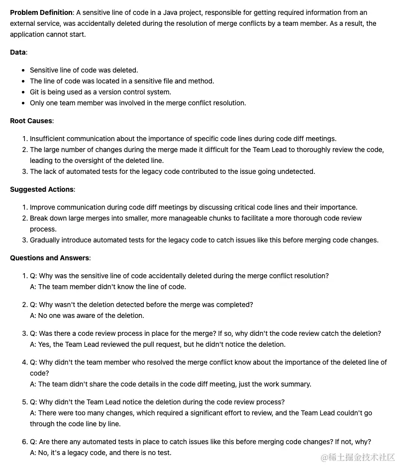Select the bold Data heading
pos(18,52)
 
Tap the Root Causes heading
pos(31,121)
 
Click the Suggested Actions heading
pos(42,189)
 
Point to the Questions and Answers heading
pos(49,258)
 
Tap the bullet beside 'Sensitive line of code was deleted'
pos(24,70)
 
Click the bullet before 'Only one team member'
pos(24,103)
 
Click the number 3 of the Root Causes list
pos(24,171)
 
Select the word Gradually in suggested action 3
pos(46,240)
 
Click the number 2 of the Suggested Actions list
pos(24,218)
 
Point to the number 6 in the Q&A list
pos(24,442)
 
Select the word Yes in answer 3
pos(44,344)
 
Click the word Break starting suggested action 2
pos(39,218)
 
